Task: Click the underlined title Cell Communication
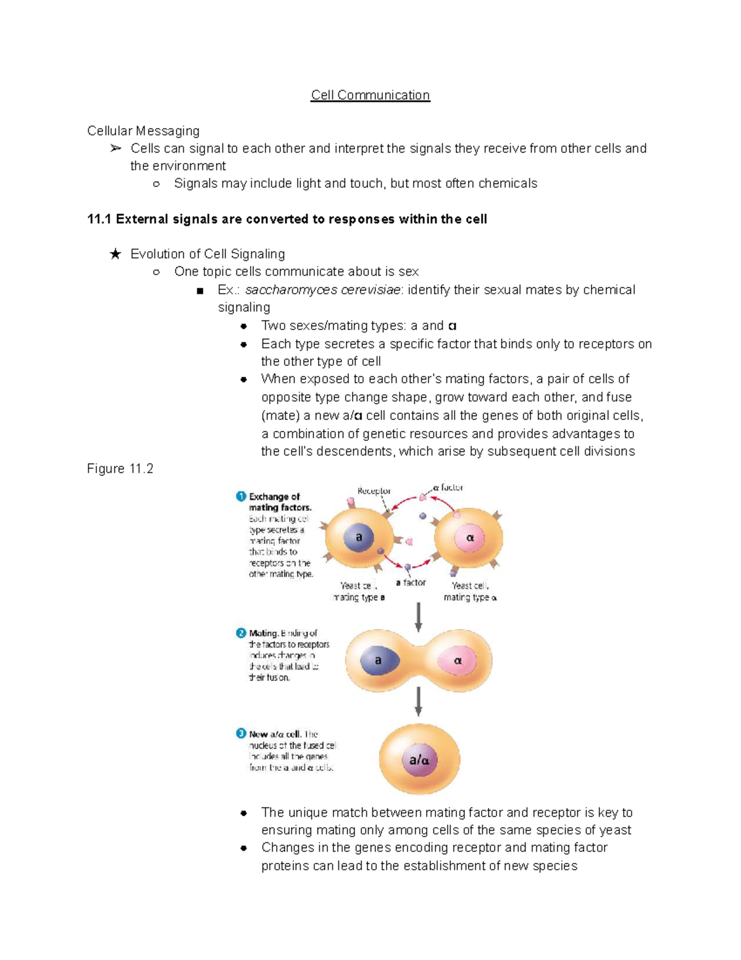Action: [370, 95]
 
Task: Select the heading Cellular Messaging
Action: [143, 131]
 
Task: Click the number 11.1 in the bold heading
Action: [99, 219]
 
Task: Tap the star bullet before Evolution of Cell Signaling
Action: [115, 254]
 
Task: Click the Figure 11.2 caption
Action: [120, 469]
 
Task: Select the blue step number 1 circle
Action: [241, 496]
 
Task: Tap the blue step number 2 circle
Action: [241, 633]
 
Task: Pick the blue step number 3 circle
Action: [241, 734]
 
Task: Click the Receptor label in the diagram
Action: [374, 491]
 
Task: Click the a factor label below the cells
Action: [411, 583]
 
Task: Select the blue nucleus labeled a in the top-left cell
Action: [359, 537]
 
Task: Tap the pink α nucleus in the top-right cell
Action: [469, 538]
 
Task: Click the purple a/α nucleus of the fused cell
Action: [419, 760]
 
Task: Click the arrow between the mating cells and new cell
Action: [419, 702]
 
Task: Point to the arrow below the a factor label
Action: [419, 617]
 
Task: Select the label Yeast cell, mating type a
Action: [359, 592]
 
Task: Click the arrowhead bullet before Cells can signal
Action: [115, 148]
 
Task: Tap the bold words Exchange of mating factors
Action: [279, 502]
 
